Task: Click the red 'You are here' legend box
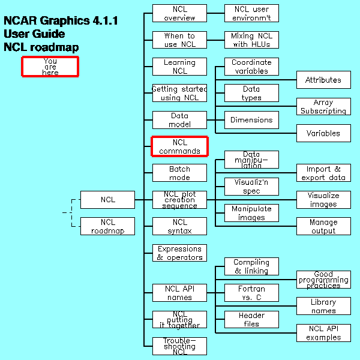pyautogui.click(x=50, y=67)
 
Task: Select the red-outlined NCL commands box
pyautogui.click(x=179, y=146)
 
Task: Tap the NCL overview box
pyautogui.click(x=179, y=13)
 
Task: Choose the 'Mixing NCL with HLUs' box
pyautogui.click(x=251, y=40)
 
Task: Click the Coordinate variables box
pyautogui.click(x=251, y=67)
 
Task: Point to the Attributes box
pyautogui.click(x=323, y=80)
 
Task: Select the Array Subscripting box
pyautogui.click(x=323, y=107)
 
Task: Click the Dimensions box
pyautogui.click(x=251, y=120)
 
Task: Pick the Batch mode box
pyautogui.click(x=179, y=173)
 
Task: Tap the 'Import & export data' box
pyautogui.click(x=323, y=173)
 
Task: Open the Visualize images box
pyautogui.click(x=323, y=200)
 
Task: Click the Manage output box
pyautogui.click(x=323, y=226)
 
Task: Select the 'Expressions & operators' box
pyautogui.click(x=179, y=253)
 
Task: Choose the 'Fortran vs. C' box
pyautogui.click(x=251, y=293)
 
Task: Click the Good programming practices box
pyautogui.click(x=323, y=280)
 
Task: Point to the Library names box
pyautogui.click(x=323, y=306)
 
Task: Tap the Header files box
pyautogui.click(x=251, y=319)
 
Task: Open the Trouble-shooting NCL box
pyautogui.click(x=179, y=346)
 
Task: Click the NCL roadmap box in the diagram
pyautogui.click(x=107, y=226)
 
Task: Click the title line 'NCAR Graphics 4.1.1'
pyautogui.click(x=61, y=21)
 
